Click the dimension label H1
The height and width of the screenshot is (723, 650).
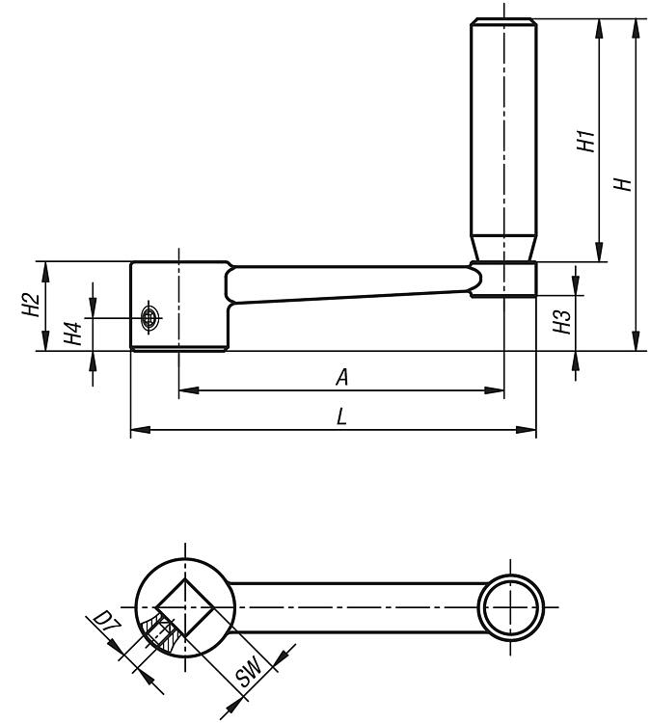[x=586, y=141]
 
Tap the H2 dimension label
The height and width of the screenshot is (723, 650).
[x=32, y=305]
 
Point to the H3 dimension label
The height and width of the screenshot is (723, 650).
[x=562, y=321]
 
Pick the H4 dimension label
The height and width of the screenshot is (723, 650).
[x=72, y=334]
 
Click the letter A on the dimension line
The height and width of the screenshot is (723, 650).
[x=341, y=377]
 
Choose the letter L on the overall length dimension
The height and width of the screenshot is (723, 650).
[x=341, y=417]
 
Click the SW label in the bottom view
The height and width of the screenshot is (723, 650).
[x=248, y=672]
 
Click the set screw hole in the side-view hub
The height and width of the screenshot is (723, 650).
[x=149, y=317]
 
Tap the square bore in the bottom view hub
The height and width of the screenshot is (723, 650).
[x=185, y=607]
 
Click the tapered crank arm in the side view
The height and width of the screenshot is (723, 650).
[x=353, y=283]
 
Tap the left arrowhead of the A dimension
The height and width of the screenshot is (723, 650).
[x=188, y=390]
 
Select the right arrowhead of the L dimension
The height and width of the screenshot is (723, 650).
[x=526, y=430]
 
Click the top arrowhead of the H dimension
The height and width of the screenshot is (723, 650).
[x=636, y=29]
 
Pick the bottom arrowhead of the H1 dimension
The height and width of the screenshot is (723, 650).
[x=599, y=252]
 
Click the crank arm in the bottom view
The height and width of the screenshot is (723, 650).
[x=357, y=607]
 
